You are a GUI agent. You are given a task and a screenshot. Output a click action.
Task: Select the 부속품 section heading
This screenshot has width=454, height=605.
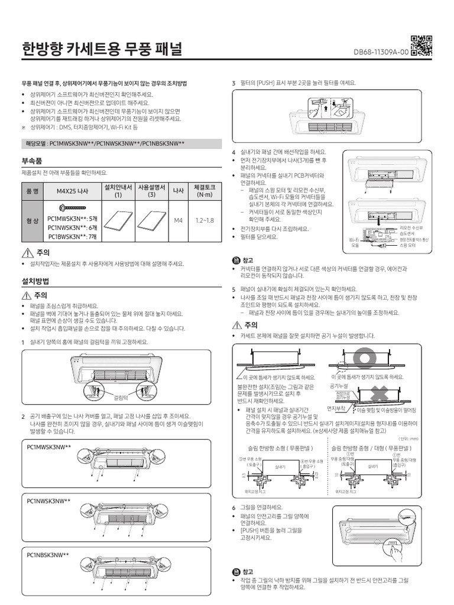[x=33, y=161]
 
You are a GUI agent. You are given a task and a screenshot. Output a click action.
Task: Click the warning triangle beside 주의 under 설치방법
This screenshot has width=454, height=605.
[x=25, y=295]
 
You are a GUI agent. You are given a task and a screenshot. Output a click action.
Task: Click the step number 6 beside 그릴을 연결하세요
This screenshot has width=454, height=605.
[x=234, y=508]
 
